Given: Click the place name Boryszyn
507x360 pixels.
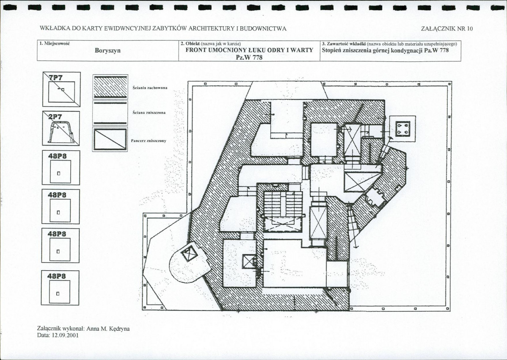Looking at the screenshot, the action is point(107,51).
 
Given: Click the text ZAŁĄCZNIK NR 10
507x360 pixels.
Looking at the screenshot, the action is point(447,28).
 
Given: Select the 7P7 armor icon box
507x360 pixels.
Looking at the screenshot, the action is point(61,89).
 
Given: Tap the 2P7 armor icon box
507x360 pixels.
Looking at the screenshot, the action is point(61,128).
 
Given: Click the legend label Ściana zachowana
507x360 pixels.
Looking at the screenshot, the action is point(150,88).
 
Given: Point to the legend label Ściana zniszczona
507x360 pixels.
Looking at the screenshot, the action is point(149,113).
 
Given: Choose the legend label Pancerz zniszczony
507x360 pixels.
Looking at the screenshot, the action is point(149,141).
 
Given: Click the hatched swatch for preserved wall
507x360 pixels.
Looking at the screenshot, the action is point(110,87).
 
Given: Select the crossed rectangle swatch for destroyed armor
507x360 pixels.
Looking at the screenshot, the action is point(110,139).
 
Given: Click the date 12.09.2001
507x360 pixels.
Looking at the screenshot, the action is point(65,335).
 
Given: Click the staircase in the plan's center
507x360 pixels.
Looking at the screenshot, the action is point(283,204).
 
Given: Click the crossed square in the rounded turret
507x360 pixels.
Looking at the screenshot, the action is point(189,254).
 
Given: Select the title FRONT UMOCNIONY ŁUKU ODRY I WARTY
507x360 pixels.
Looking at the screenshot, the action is point(249,50).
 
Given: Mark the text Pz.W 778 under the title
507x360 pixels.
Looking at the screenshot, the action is point(249,58).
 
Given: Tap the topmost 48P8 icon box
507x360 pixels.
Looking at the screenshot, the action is point(61,168).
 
